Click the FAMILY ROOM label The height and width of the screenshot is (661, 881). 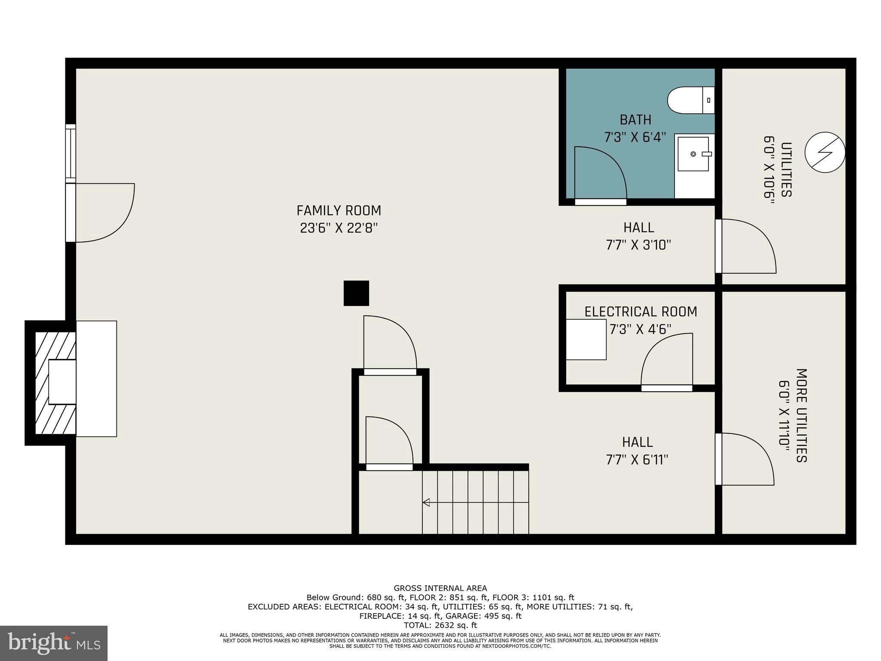pos(339,210)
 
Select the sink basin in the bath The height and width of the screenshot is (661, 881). pos(693,154)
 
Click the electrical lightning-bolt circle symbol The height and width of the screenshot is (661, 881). pos(824,152)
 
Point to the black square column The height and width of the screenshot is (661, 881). pos(356,293)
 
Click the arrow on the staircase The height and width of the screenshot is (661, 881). pos(427,502)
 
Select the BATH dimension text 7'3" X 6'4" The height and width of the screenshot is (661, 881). pos(635,137)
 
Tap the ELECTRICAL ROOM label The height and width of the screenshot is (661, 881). pos(641,312)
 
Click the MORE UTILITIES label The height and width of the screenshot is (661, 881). pos(801,415)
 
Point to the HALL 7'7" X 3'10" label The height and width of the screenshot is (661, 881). pos(638,236)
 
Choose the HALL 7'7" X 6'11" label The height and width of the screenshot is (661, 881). pos(637,451)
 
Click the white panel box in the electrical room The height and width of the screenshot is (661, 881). pos(585,340)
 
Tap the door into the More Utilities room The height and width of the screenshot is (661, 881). pos(745,459)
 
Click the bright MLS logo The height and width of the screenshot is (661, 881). pos(54,643)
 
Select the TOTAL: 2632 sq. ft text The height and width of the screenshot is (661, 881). pos(440,625)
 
